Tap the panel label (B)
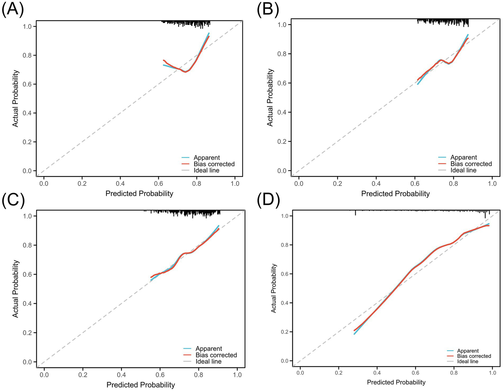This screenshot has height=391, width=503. (x=268, y=10)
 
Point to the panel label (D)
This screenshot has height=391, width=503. (x=268, y=201)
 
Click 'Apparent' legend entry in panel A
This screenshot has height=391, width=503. (x=206, y=158)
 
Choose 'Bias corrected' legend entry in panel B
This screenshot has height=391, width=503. (x=471, y=164)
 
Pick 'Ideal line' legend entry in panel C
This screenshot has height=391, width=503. (x=208, y=362)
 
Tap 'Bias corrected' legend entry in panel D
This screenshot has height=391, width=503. (x=474, y=356)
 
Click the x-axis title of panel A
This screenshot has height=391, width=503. (x=139, y=194)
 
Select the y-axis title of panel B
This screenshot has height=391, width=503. (x=270, y=97)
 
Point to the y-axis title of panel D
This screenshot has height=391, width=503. (x=274, y=288)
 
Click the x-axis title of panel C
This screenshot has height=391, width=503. (x=141, y=385)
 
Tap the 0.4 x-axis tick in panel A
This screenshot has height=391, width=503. (x=120, y=184)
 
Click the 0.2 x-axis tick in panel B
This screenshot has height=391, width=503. (x=338, y=184)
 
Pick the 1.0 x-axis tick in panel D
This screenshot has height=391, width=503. (x=492, y=373)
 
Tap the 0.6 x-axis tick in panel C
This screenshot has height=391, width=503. (x=160, y=375)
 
